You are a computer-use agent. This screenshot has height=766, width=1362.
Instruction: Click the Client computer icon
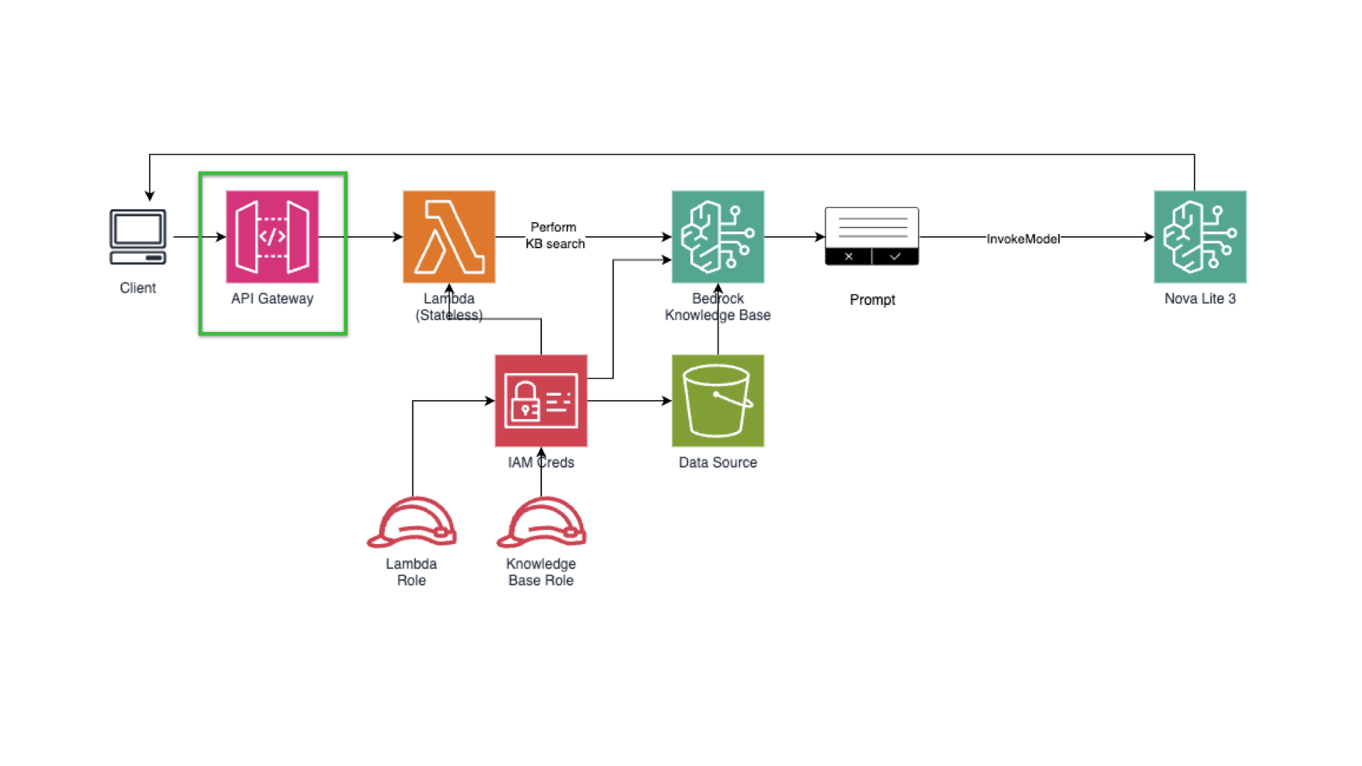click(x=138, y=237)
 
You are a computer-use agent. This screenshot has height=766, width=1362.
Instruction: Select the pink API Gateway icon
click(x=272, y=237)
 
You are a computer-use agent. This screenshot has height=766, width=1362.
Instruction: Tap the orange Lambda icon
click(x=449, y=237)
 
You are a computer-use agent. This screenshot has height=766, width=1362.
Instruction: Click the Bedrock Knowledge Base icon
click(x=718, y=237)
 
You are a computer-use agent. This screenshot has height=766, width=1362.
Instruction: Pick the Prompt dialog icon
click(x=872, y=236)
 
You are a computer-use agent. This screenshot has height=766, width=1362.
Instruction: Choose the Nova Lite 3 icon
click(x=1200, y=237)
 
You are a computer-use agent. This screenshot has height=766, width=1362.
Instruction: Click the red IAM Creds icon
click(x=541, y=401)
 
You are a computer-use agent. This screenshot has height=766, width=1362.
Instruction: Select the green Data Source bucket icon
click(x=718, y=401)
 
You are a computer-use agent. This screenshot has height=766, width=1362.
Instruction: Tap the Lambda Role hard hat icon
click(x=411, y=523)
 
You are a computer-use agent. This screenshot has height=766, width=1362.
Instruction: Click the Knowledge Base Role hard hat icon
click(x=541, y=523)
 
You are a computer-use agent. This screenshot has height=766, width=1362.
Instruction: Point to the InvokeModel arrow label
click(x=1023, y=239)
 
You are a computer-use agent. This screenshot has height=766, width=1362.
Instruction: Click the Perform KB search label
click(x=555, y=235)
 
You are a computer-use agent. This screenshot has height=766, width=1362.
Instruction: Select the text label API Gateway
click(x=272, y=299)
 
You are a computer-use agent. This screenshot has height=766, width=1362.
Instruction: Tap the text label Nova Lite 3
click(x=1200, y=299)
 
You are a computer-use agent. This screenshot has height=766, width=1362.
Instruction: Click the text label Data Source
click(x=718, y=462)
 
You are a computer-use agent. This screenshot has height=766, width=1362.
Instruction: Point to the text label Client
click(x=138, y=288)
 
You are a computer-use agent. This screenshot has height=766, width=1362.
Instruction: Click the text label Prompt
click(x=872, y=300)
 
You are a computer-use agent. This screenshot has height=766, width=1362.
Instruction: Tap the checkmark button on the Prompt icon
click(x=895, y=257)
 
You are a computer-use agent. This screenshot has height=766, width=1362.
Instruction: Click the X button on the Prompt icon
click(x=848, y=257)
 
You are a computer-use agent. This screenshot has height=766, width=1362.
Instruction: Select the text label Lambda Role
click(x=411, y=572)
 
